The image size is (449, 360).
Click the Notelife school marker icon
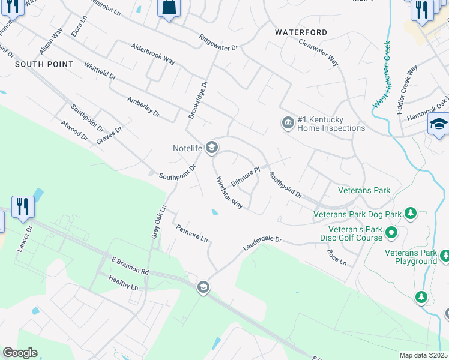211,147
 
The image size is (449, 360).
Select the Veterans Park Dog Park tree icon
411,213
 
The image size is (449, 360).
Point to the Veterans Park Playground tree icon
445,256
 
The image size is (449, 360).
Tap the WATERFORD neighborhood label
301,32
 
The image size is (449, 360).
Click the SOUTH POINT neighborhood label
44,64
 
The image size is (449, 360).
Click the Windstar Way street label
229,193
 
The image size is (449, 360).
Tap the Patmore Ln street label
192,233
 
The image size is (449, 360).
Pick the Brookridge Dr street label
197,100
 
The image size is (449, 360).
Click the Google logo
19,353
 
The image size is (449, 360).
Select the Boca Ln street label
337,258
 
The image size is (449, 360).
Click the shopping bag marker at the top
169,9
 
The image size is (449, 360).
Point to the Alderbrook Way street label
153,54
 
